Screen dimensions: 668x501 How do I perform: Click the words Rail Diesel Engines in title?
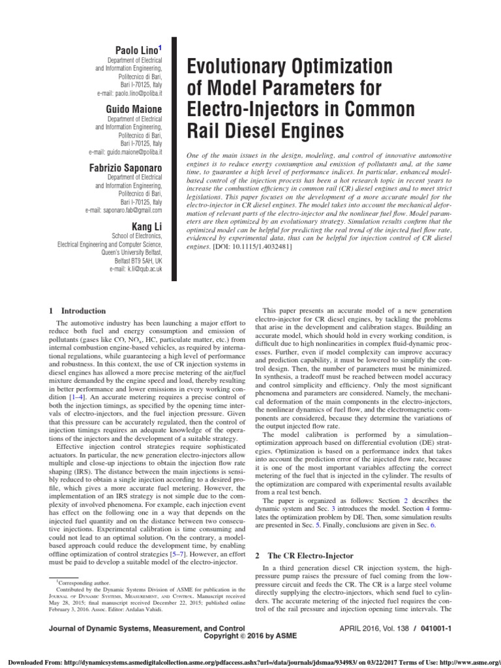coord(264,131)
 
